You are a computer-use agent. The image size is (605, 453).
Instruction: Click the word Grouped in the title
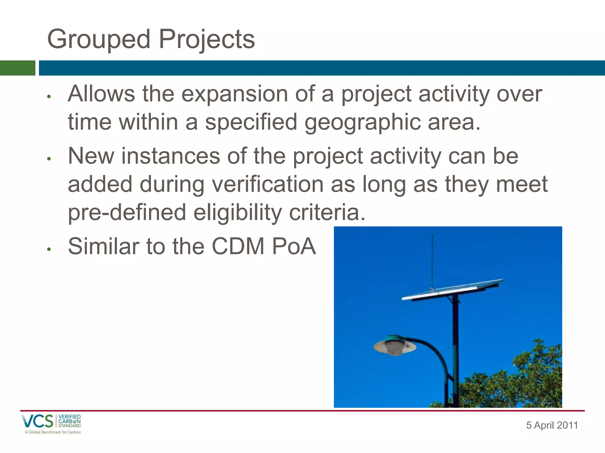[x=99, y=40]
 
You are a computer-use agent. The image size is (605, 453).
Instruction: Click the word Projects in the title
[x=207, y=40]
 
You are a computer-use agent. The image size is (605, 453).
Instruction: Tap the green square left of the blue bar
[x=17, y=68]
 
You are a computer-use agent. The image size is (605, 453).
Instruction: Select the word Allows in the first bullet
[x=101, y=94]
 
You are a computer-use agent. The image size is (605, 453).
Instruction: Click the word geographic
[x=362, y=122]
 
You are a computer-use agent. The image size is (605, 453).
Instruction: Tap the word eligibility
[x=238, y=212]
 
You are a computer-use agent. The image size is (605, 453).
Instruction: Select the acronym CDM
[x=238, y=246]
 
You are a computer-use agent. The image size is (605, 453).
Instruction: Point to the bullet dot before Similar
[x=49, y=249]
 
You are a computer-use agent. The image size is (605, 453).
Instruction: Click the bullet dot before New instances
[x=49, y=159]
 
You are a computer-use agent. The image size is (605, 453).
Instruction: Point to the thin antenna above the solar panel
[x=432, y=260]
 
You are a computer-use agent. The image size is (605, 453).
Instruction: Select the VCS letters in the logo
[x=38, y=421]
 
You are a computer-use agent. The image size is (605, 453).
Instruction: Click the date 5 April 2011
[x=552, y=425]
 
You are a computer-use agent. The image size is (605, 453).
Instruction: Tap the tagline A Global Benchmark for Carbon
[x=53, y=432]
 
